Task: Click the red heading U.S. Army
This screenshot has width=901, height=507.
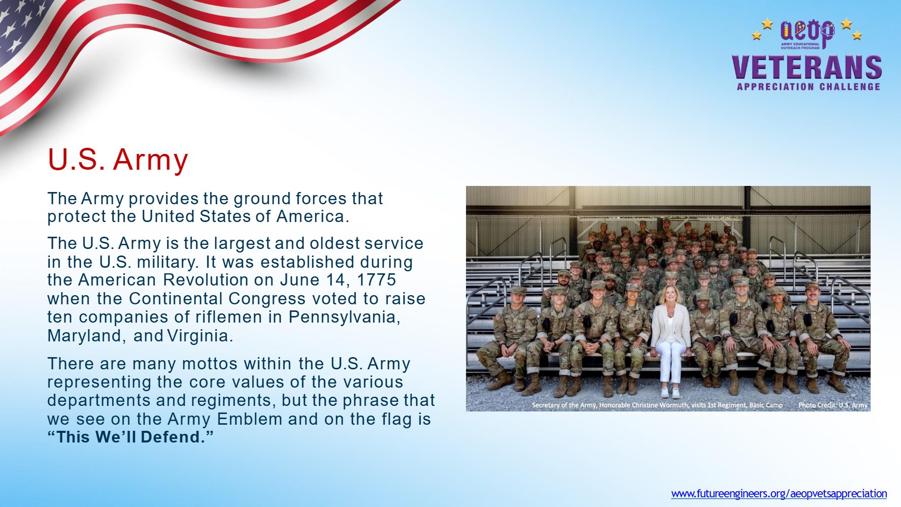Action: (118, 160)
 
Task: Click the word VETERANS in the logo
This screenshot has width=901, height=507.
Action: (807, 68)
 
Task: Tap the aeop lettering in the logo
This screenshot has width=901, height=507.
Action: (807, 31)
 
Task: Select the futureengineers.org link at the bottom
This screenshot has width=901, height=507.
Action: (779, 494)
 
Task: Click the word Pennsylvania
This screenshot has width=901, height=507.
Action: (344, 318)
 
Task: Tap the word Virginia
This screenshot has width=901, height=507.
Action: (199, 336)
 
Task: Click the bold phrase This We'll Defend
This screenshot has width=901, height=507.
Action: (130, 437)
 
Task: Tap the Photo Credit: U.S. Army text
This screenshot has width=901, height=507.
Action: (832, 405)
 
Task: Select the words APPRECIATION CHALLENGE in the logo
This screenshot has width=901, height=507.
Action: (808, 87)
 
